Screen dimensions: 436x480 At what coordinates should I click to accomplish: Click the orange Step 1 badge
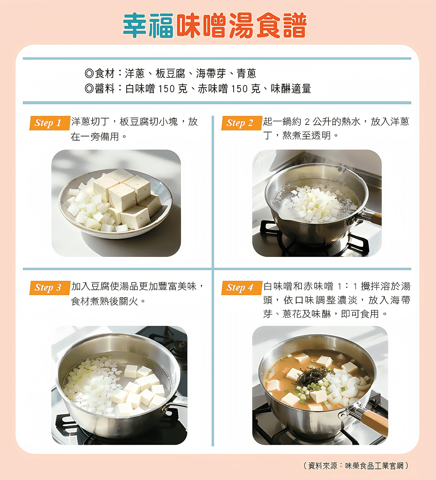pos(50,123)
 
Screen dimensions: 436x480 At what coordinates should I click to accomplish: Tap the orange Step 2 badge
pos(242,123)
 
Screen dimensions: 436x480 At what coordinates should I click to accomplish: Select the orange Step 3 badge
pos(50,288)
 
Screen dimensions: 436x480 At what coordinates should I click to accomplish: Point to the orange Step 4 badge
pos(242,288)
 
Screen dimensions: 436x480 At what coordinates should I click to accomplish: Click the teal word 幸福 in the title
pos(148,25)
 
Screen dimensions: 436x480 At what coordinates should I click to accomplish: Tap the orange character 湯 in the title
pos(241,25)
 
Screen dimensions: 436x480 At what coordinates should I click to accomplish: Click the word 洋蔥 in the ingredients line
pos(135,73)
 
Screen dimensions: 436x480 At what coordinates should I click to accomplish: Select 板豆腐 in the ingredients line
pos(170,73)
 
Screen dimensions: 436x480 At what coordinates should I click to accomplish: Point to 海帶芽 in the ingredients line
pos(211,73)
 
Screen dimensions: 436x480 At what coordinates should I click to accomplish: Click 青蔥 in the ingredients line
pos(246,73)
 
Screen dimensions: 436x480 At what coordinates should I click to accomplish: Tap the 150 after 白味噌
pos(166,89)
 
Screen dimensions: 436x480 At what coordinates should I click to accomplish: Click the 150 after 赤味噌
pos(239,89)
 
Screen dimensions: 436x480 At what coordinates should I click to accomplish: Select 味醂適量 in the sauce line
pos(291,89)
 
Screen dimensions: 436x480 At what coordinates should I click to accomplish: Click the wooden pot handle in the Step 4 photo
pos(374,421)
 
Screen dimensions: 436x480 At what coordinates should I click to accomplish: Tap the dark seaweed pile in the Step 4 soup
pos(312,377)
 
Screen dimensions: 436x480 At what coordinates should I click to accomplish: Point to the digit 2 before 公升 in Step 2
pos(307,122)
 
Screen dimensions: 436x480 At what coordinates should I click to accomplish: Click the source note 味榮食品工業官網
pos(374,465)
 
